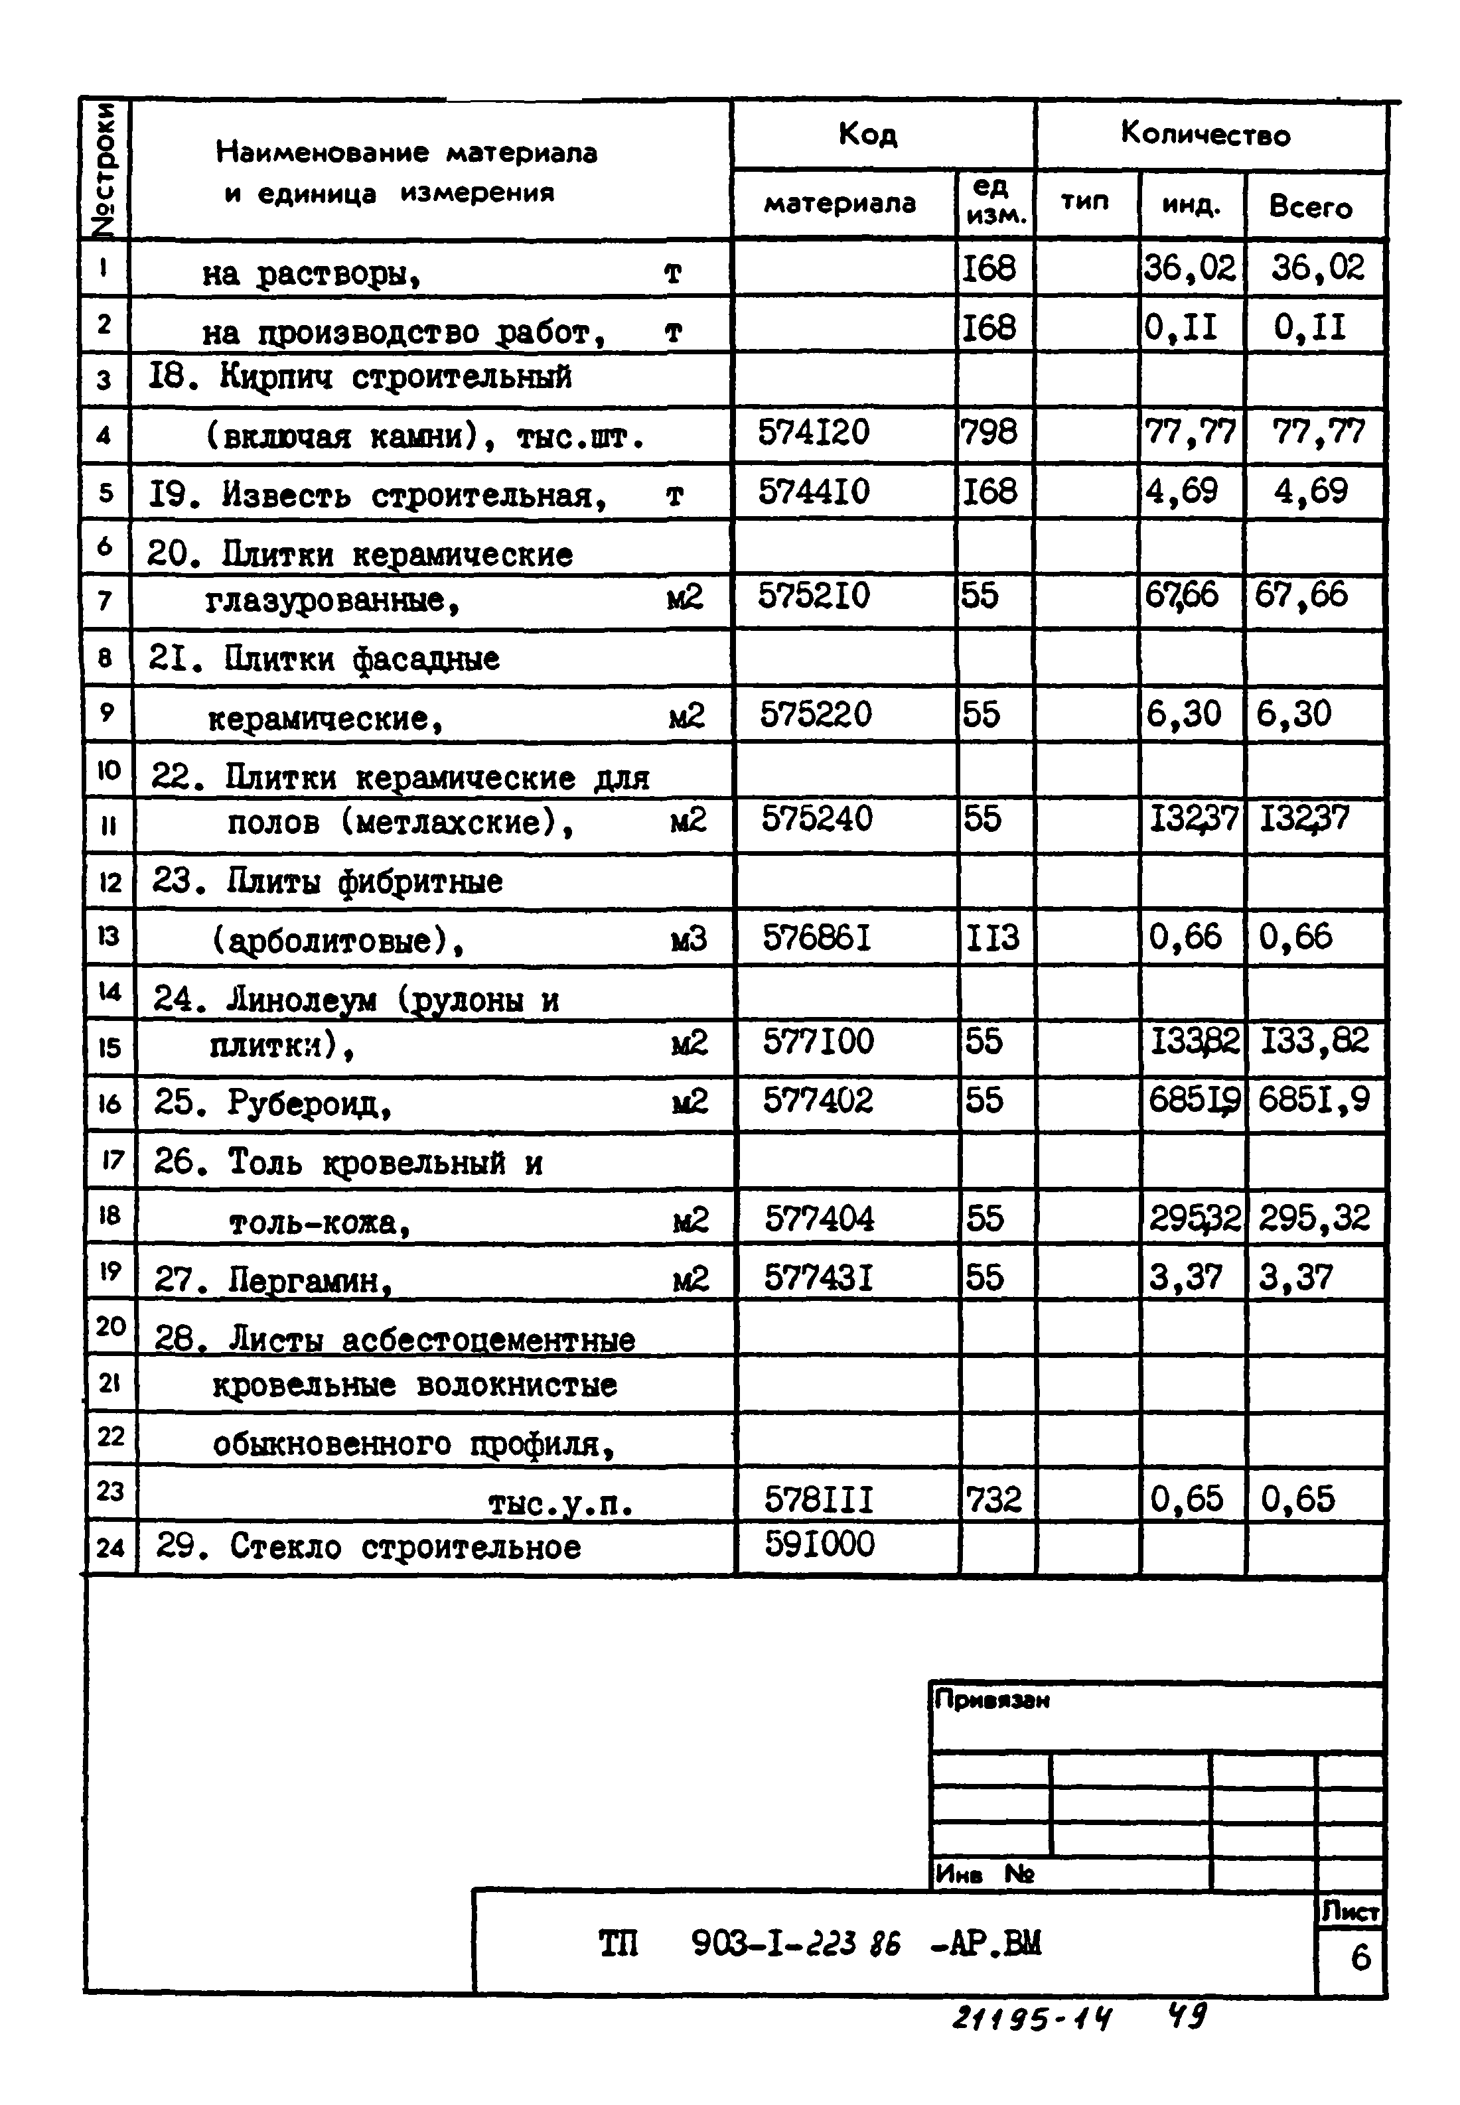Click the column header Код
[867, 135]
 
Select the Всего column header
[1310, 208]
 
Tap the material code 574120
[813, 432]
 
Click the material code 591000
[820, 1544]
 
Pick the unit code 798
[988, 432]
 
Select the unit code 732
[993, 1499]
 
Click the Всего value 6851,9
[1313, 1100]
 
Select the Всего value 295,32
[1313, 1218]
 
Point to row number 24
[110, 1548]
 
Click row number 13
[108, 936]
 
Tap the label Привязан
[991, 1700]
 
